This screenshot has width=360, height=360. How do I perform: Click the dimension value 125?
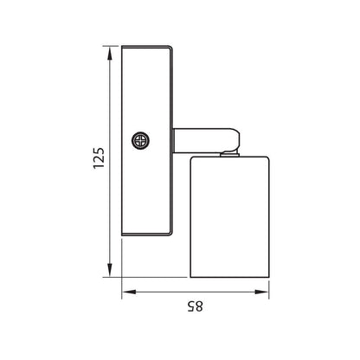click(99, 158)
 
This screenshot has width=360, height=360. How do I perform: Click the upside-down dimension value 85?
click(196, 306)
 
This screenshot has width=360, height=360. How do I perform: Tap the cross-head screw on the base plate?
click(141, 141)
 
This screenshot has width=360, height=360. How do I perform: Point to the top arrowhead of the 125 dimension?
click(110, 54)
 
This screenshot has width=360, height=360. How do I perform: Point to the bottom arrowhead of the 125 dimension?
click(110, 270)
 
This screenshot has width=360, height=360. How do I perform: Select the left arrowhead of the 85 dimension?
click(129, 292)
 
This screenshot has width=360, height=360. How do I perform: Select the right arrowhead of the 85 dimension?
click(261, 292)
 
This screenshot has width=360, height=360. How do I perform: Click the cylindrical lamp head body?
click(229, 217)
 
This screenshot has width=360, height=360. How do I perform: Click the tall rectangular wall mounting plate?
click(147, 141)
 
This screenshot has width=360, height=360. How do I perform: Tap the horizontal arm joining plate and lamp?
click(202, 140)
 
